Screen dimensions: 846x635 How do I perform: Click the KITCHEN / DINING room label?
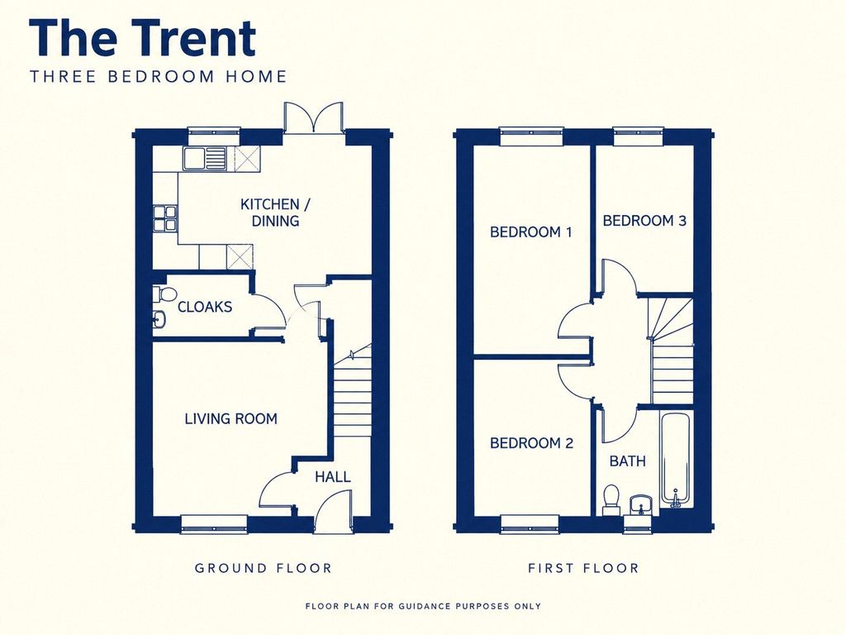275,212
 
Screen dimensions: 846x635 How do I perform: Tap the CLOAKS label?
205,307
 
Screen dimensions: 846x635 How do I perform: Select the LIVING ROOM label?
231,418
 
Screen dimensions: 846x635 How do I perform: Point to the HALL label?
333,477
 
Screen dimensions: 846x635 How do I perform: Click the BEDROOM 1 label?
531,232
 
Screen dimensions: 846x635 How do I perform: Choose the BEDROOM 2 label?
531,443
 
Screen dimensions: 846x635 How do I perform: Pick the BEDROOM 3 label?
644,220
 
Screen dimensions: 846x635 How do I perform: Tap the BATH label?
628,461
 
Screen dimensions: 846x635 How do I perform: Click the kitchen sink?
205,158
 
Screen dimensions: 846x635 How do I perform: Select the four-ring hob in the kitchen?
165,217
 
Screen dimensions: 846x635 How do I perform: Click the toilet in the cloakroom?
165,295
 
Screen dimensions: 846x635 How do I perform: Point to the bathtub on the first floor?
675,460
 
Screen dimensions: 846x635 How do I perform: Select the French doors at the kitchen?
313,117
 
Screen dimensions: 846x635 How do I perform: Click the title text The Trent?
142,38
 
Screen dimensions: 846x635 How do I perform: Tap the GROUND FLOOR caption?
264,568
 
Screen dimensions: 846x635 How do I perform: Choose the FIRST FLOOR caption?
583,568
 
